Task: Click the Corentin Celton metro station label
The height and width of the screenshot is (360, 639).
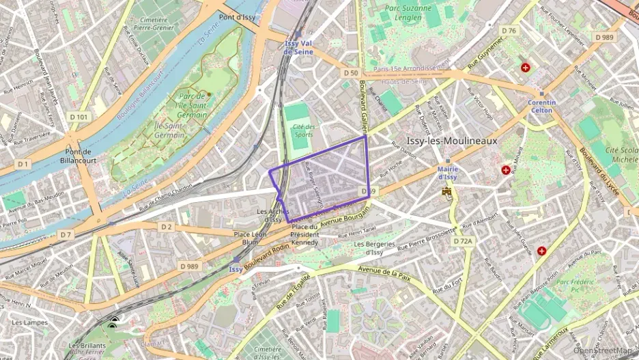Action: (541, 107)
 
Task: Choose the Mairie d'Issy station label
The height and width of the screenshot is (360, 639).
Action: (446, 172)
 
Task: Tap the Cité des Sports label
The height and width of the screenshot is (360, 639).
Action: (304, 130)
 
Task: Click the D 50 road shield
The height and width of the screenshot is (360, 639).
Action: (351, 72)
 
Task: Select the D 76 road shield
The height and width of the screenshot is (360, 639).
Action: (509, 31)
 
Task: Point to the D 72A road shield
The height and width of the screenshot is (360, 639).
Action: (463, 241)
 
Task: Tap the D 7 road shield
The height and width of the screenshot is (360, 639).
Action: (65, 234)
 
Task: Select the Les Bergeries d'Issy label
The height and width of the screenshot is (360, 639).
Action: (374, 248)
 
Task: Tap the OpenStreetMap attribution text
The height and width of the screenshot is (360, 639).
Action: (605, 351)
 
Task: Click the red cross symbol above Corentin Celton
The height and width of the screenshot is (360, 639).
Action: (526, 68)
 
